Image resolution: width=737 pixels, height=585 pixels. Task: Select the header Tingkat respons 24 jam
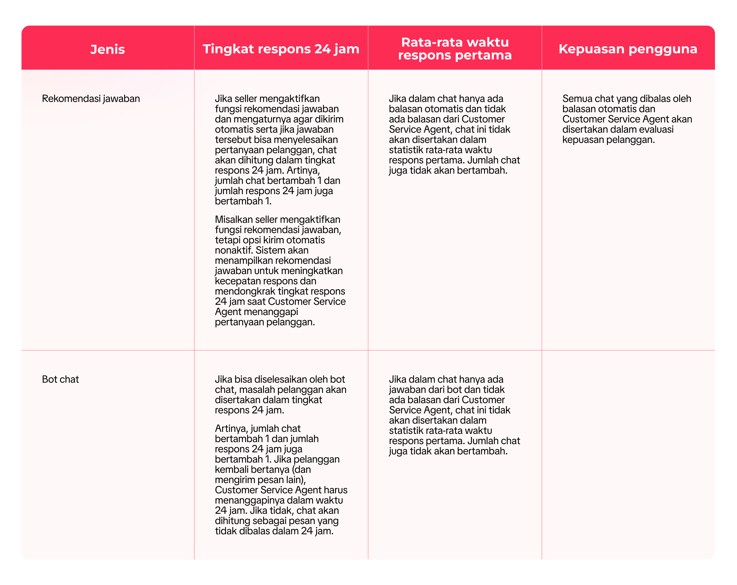pyautogui.click(x=281, y=49)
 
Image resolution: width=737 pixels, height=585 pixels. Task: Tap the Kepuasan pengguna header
pyautogui.click(x=628, y=49)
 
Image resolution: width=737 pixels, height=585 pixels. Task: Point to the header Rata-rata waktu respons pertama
pyautogui.click(x=455, y=49)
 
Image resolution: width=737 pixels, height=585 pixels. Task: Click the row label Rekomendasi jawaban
pyautogui.click(x=91, y=99)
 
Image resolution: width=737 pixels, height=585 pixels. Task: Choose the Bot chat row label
pyautogui.click(x=60, y=379)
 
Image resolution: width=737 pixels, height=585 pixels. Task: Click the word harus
pyautogui.click(x=336, y=490)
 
